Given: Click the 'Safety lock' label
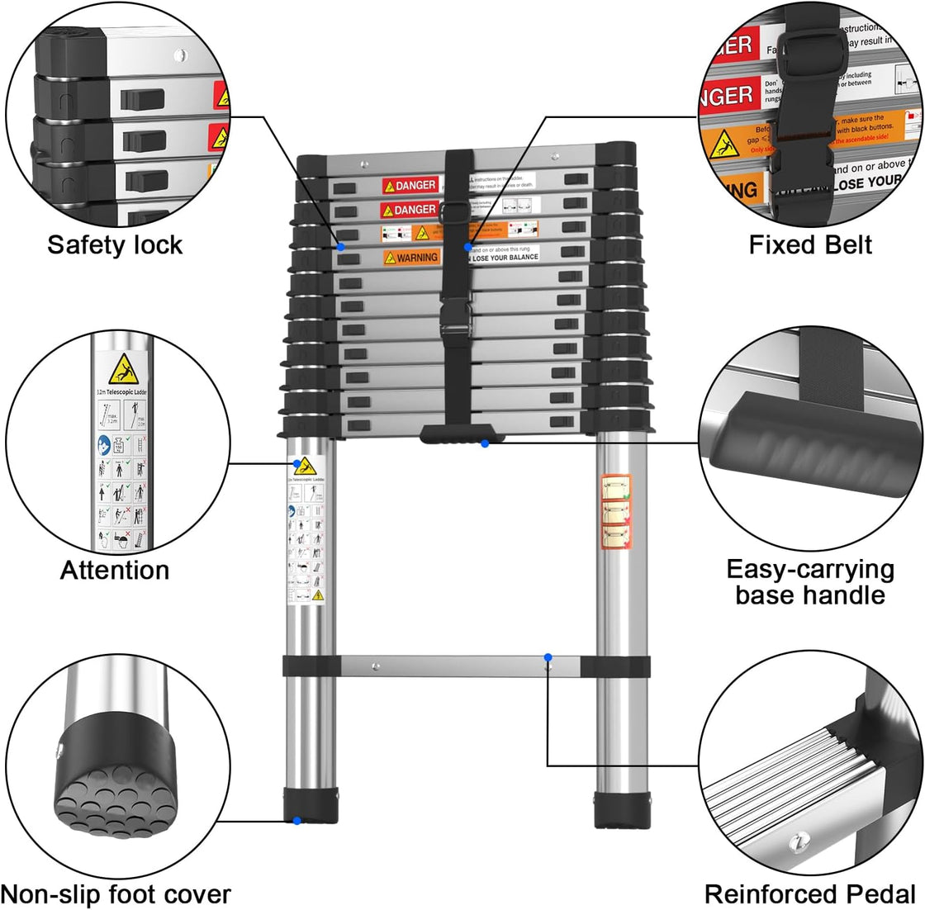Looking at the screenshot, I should [x=115, y=244].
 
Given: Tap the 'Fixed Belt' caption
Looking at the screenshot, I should [x=810, y=244].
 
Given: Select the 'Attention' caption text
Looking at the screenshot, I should [x=115, y=570].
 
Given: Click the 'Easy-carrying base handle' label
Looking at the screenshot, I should [x=810, y=582].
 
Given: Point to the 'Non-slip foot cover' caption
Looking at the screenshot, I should [x=116, y=893].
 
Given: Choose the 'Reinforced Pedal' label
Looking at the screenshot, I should [x=810, y=893].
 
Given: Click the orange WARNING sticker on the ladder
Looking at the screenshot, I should [x=411, y=258].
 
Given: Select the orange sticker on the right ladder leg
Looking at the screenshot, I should [x=614, y=512].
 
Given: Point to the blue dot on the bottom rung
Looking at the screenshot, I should [x=548, y=657].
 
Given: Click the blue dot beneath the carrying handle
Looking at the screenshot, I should [x=485, y=444].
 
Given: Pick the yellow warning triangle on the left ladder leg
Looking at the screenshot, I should [x=306, y=467].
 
